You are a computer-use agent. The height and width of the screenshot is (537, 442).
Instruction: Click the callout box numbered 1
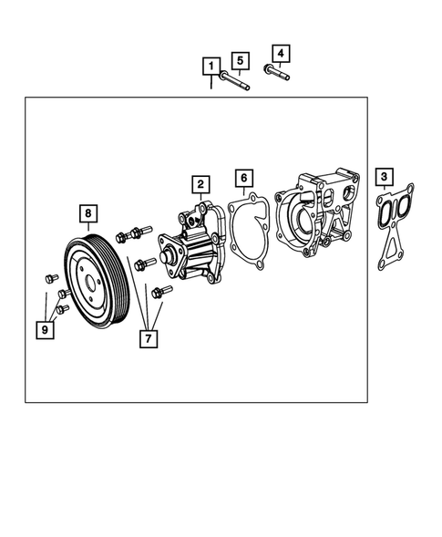(211, 67)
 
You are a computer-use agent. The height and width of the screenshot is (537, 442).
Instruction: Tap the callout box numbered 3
(386, 177)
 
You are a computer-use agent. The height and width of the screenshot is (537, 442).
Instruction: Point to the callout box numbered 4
(280, 54)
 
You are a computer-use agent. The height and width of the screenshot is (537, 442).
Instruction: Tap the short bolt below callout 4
(276, 72)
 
